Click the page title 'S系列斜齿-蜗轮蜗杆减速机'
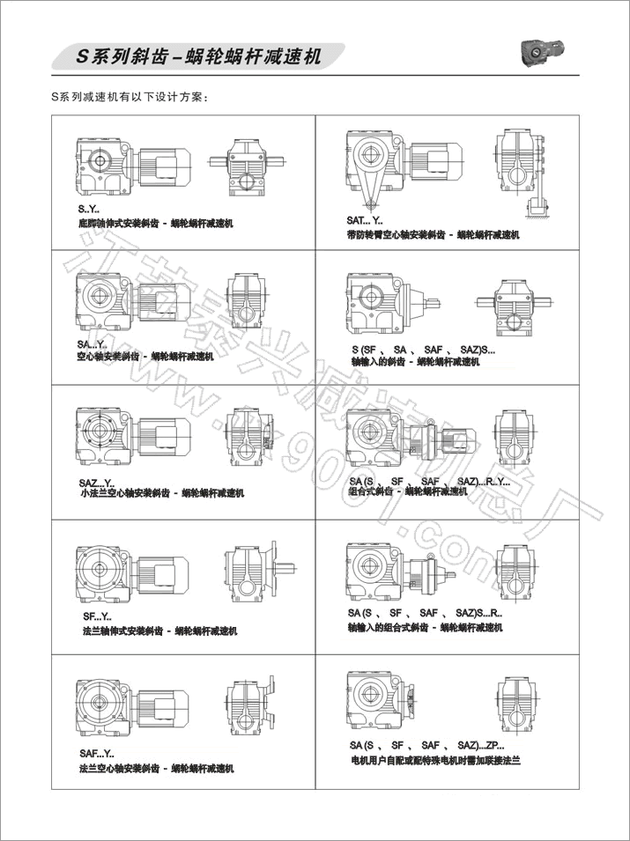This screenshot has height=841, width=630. (198, 57)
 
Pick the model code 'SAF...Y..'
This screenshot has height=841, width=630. (97, 754)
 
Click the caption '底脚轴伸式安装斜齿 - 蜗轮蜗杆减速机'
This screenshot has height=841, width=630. (155, 225)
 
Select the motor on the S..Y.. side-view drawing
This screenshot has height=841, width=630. (166, 165)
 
